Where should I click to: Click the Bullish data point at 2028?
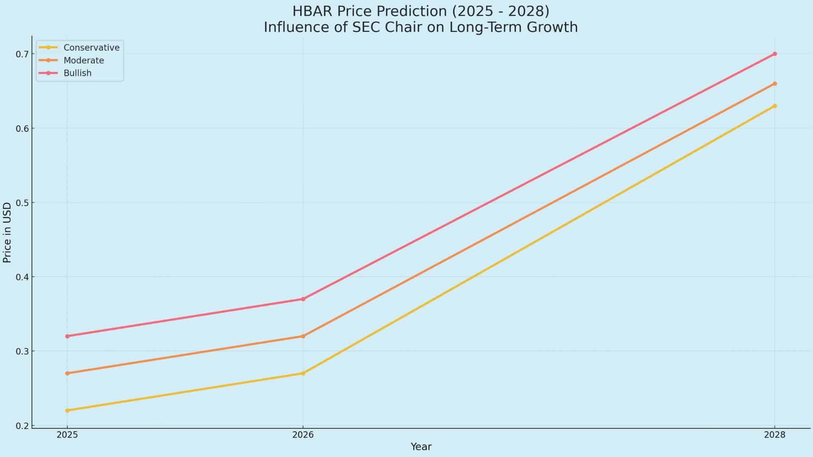(x=774, y=54)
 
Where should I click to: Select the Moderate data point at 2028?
(x=774, y=84)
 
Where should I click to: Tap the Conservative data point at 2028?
(x=774, y=106)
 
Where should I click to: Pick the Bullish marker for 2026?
(x=303, y=299)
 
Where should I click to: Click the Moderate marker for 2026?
(x=303, y=336)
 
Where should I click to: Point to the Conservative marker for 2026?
(x=303, y=373)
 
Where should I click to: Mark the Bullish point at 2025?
(x=67, y=336)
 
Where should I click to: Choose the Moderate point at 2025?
(x=67, y=373)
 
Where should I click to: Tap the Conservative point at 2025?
(x=67, y=410)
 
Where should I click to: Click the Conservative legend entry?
(x=91, y=47)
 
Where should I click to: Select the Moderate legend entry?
(x=83, y=61)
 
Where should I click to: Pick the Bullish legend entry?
(x=77, y=73)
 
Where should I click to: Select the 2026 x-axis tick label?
(x=303, y=435)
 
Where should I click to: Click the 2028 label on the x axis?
(x=774, y=435)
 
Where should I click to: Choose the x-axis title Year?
(x=421, y=447)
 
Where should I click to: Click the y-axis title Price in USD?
(x=7, y=233)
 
